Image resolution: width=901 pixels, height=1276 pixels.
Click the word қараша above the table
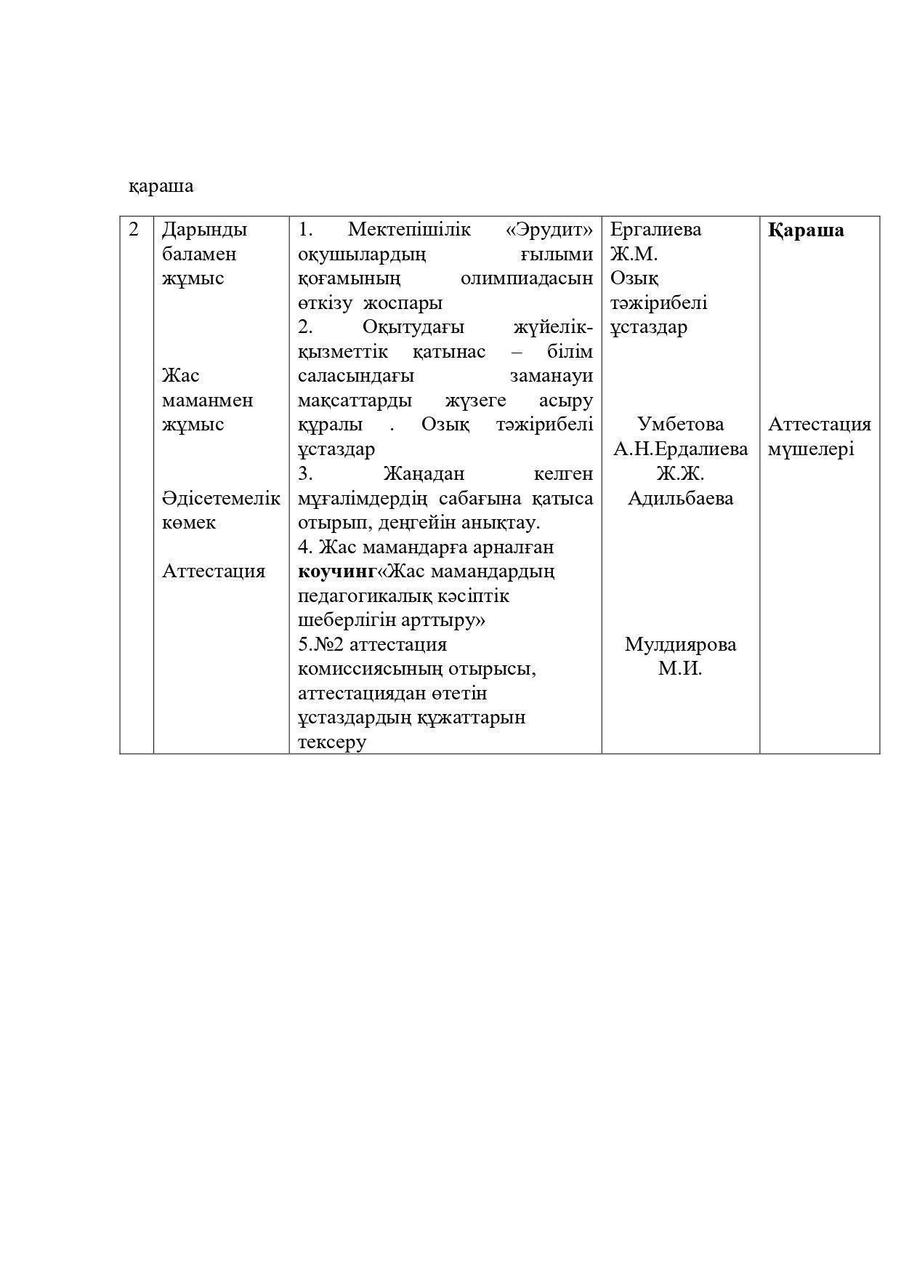[x=161, y=186]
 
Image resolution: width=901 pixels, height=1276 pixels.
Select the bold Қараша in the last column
[x=806, y=230]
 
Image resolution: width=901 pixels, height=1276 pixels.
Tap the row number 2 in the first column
[x=134, y=230]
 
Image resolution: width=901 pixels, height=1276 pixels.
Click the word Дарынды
[x=204, y=230]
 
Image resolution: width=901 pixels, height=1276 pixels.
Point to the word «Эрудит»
[x=549, y=230]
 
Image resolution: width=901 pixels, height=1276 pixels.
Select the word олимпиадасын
[x=527, y=278]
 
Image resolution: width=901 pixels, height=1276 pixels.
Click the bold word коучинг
[x=337, y=571]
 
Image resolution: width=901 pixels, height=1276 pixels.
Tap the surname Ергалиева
[x=655, y=230]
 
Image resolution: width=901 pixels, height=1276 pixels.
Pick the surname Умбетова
[x=680, y=425]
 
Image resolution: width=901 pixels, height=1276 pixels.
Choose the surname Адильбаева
[x=680, y=499]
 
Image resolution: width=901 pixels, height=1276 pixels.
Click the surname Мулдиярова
[x=680, y=645]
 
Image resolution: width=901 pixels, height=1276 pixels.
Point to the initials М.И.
[x=680, y=669]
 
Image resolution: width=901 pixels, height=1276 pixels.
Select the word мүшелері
[x=811, y=450]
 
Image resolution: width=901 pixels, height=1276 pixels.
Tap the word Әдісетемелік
[x=221, y=499]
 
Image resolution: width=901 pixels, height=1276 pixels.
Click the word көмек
[x=189, y=523]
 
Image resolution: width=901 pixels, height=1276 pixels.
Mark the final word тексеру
[x=332, y=742]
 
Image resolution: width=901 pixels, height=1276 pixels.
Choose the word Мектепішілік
[x=409, y=230]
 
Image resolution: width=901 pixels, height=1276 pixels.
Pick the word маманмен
[x=207, y=401]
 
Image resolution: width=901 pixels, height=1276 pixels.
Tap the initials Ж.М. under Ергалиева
[x=634, y=254]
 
